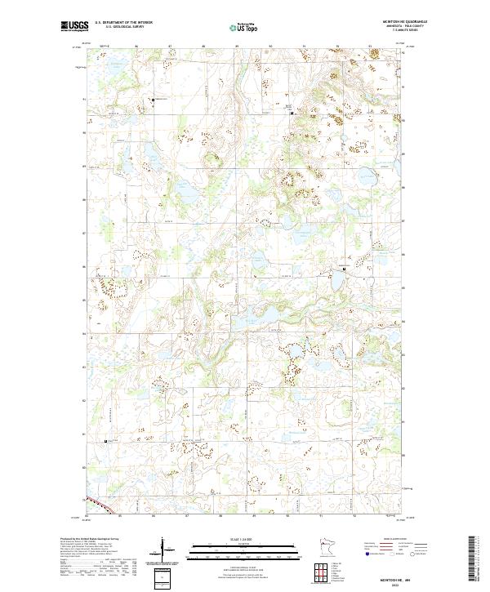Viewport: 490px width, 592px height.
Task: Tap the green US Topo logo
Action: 244,27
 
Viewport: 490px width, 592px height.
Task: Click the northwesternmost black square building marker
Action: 153,100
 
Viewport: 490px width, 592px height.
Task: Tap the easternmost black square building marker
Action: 344,269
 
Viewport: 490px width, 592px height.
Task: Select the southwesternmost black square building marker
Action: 106,442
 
